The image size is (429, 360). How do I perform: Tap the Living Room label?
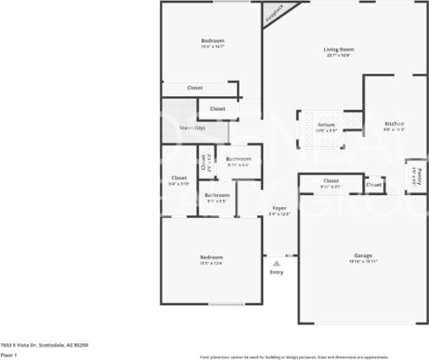[339, 49]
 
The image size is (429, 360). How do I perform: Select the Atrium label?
[326, 125]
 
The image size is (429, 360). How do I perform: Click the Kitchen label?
[394, 124]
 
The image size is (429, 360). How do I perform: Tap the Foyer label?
[280, 209]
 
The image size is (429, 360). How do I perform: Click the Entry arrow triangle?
[277, 262]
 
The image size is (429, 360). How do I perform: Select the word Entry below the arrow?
[277, 272]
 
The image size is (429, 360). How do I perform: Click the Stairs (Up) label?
[192, 128]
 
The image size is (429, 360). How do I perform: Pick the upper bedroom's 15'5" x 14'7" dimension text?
[213, 47]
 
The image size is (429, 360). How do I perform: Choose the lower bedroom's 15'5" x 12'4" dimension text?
[212, 264]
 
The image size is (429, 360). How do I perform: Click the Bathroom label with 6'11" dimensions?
[239, 159]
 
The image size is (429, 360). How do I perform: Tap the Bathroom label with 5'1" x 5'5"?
[217, 195]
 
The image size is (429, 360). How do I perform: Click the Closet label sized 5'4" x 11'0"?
[180, 179]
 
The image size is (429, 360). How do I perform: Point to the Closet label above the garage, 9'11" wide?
[331, 180]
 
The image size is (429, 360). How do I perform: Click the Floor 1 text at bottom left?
[10, 355]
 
